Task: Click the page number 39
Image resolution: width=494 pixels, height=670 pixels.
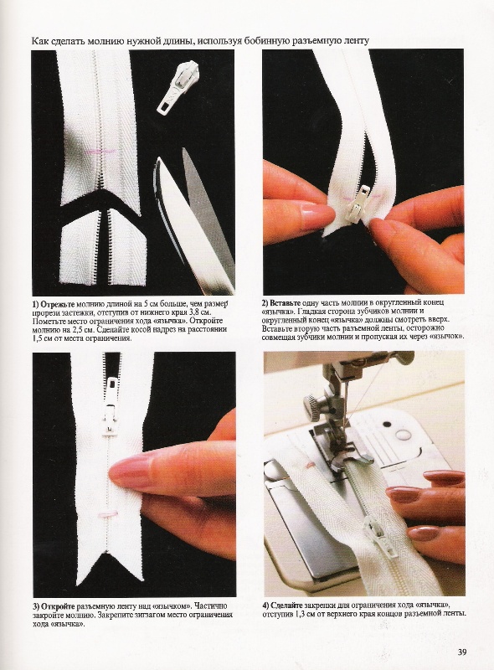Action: (x=462, y=652)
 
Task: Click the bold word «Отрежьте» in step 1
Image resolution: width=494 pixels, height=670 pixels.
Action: (x=57, y=305)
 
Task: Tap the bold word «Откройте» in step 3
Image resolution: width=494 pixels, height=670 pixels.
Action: (x=58, y=606)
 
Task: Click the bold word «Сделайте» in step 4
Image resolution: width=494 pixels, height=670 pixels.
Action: (x=287, y=606)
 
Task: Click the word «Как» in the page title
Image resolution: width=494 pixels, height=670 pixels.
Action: (x=39, y=41)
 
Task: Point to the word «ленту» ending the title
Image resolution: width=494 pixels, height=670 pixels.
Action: (x=358, y=41)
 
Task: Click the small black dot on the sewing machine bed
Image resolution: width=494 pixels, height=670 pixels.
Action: (x=387, y=425)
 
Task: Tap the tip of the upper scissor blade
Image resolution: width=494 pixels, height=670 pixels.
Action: (x=185, y=149)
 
